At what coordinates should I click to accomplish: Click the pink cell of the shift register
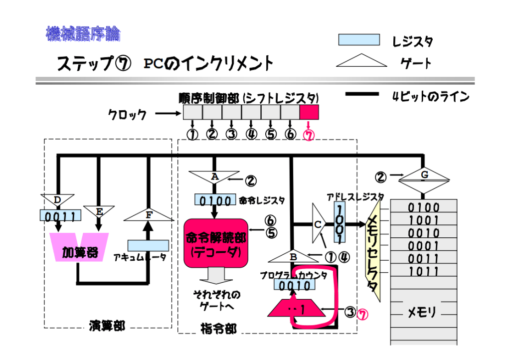[309, 112]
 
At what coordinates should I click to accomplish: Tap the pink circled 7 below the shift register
[309, 135]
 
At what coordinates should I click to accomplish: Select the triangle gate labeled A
[214, 177]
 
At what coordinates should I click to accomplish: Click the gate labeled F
[148, 216]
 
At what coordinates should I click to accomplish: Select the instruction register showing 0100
[215, 200]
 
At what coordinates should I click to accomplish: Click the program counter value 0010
[295, 286]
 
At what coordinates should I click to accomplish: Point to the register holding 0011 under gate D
[60, 216]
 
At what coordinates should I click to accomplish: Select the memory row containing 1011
[423, 272]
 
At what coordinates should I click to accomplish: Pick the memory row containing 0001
[423, 246]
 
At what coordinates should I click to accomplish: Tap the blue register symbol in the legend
[358, 40]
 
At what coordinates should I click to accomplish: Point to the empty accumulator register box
[148, 245]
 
